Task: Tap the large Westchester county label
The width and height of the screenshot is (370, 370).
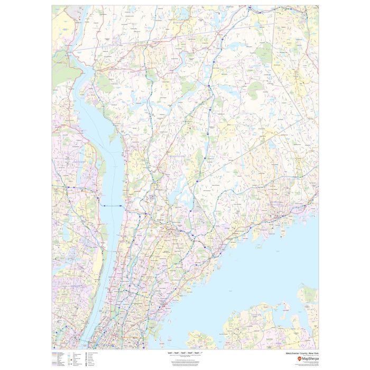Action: (177, 157)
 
